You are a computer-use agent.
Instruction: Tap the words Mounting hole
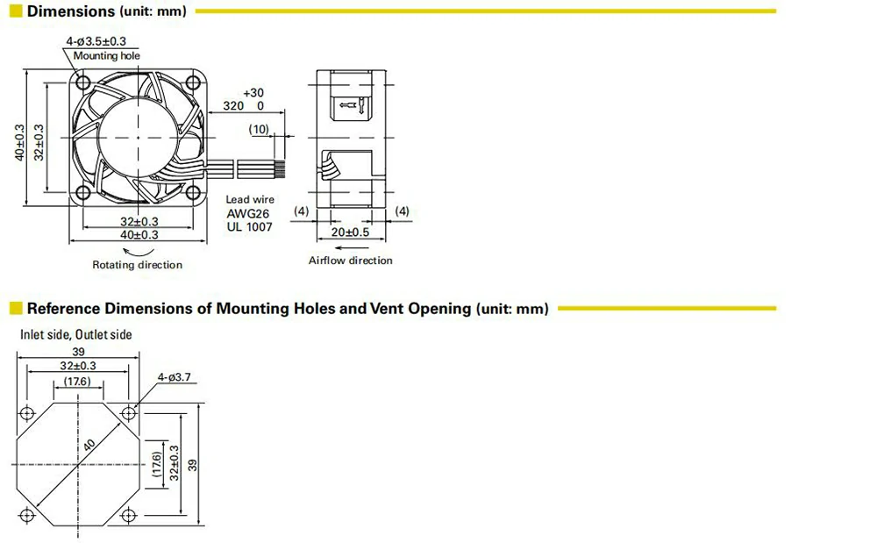coord(106,55)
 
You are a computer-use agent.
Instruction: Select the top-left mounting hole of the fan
coord(83,82)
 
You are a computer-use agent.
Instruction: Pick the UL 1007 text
coord(249,227)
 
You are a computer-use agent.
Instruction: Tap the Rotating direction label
coord(138,265)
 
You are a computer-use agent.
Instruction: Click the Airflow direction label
coord(351,261)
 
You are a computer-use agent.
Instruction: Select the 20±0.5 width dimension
coord(351,232)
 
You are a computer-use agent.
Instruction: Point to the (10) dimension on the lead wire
coord(260,129)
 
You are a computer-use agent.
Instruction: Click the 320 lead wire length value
coord(233,105)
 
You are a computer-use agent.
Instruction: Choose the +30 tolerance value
coord(253,92)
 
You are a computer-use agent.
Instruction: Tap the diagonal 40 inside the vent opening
coord(89,447)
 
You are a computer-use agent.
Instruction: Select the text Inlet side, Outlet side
coord(76,334)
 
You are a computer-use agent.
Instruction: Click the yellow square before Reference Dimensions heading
coord(16,309)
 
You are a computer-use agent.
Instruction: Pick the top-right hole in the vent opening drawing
coord(131,412)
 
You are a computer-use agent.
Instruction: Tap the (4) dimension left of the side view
coord(301,211)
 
